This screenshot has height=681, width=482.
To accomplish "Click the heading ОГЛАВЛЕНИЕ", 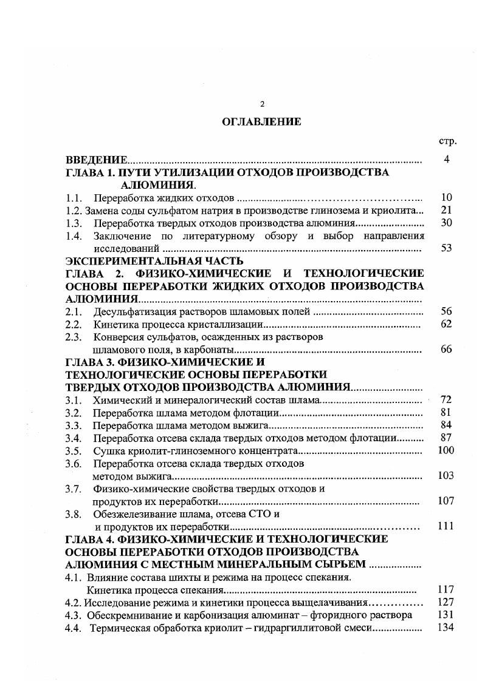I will (261, 122).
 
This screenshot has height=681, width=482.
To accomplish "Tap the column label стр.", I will (447, 141).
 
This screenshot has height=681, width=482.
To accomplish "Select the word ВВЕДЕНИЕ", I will (97, 160).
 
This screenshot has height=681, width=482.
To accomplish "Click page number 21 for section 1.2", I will (446, 210).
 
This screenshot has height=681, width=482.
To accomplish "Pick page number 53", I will (446, 248).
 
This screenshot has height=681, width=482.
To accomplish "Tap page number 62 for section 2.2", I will (446, 324).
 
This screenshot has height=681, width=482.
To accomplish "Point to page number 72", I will (446, 400).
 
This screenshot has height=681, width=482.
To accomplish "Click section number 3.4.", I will (74, 438).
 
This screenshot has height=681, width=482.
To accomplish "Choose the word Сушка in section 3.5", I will (107, 451).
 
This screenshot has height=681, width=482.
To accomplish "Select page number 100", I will (446, 450).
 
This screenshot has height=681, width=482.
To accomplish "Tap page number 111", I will (446, 526).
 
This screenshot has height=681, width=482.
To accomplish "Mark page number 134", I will (446, 627).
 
